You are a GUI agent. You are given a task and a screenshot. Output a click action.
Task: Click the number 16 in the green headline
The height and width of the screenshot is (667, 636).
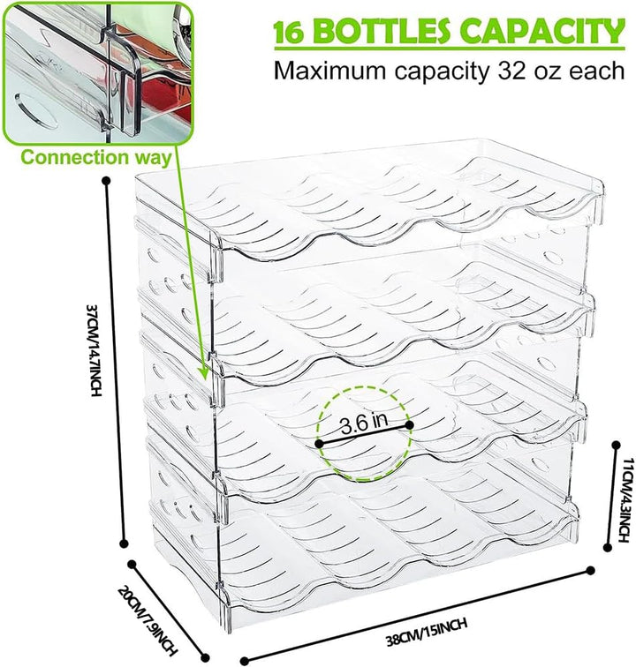(x=289, y=33)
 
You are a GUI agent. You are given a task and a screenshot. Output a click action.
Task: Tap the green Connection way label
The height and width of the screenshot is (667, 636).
(x=96, y=157)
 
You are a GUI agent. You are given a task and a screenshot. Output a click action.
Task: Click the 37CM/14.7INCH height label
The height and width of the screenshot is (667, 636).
(x=95, y=349)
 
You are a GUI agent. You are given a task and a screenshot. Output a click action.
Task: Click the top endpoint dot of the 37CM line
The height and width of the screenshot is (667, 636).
(x=107, y=181)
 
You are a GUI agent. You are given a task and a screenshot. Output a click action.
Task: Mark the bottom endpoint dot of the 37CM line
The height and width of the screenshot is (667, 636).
(x=125, y=543)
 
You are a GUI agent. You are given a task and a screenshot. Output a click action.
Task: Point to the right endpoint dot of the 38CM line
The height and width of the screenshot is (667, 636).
(x=590, y=571)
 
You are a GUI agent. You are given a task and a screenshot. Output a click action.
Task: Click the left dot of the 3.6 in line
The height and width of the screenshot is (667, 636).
(x=320, y=444)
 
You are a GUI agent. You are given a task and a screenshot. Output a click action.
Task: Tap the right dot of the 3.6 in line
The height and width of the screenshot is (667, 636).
(x=409, y=424)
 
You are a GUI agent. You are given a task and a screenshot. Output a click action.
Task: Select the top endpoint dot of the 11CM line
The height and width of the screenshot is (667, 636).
(x=616, y=445)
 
